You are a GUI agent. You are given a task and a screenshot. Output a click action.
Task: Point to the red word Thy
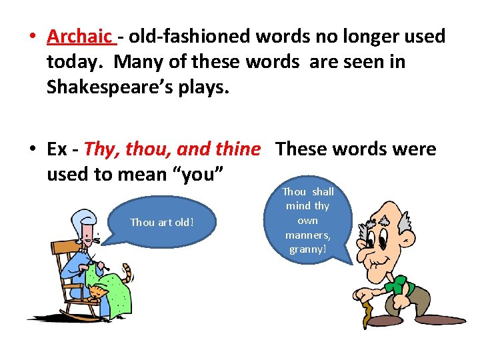[99, 149]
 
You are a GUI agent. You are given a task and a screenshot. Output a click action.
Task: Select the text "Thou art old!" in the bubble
[162, 223]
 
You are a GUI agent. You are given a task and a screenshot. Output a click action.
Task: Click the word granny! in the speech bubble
[307, 249]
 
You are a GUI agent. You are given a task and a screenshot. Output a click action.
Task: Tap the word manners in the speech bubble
[307, 235]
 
